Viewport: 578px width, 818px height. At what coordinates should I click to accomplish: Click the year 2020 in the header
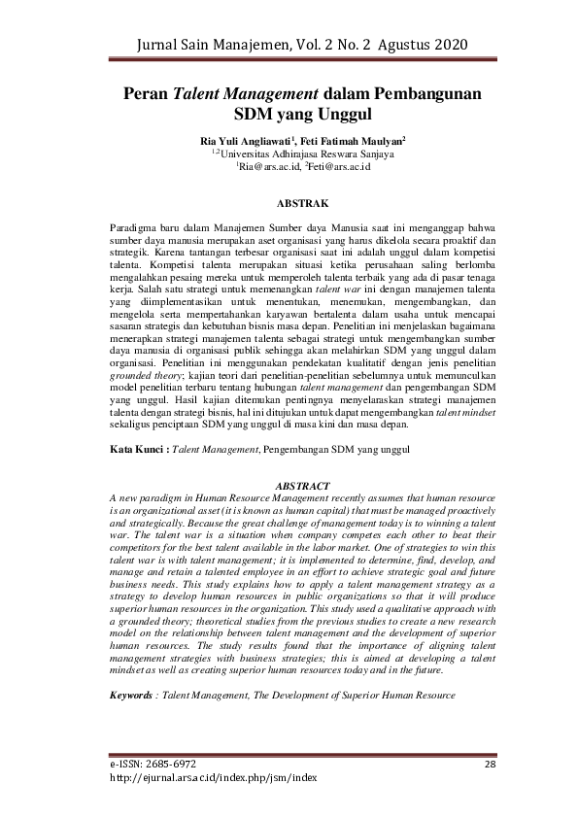[x=447, y=46]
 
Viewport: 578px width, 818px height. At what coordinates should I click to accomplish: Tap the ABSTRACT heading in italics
[x=302, y=484]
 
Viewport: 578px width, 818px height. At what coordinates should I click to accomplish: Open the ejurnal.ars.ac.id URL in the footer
[x=214, y=778]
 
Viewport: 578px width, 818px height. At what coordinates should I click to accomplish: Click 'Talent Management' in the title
[x=246, y=94]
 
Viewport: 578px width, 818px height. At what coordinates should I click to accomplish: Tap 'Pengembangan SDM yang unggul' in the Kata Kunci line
[x=338, y=450]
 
